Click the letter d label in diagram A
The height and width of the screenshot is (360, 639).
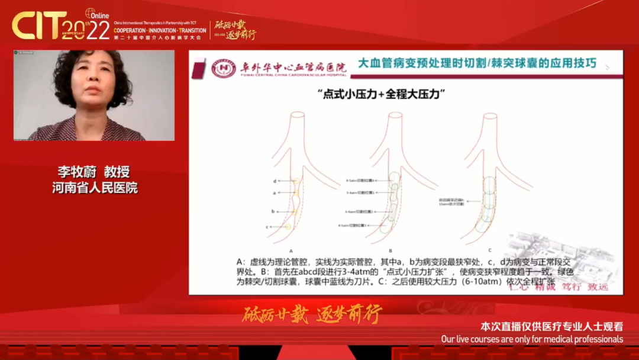coord(275,181)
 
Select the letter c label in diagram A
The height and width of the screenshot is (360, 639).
coord(267,227)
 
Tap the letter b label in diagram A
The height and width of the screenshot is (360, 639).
coord(273,211)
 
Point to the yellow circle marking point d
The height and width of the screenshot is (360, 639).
coord(296,181)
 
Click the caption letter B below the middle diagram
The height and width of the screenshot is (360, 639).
coord(390,250)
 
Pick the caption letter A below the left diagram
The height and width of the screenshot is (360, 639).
coord(291,250)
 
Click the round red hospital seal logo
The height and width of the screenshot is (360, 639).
coord(223,69)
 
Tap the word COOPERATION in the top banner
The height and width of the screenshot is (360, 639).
coord(135,30)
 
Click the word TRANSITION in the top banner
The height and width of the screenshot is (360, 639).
coord(189,30)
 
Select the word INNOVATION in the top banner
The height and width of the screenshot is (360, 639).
coord(162,30)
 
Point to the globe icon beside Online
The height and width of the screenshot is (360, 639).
coord(91,13)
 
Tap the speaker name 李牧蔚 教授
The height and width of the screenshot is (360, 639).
coord(93,172)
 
